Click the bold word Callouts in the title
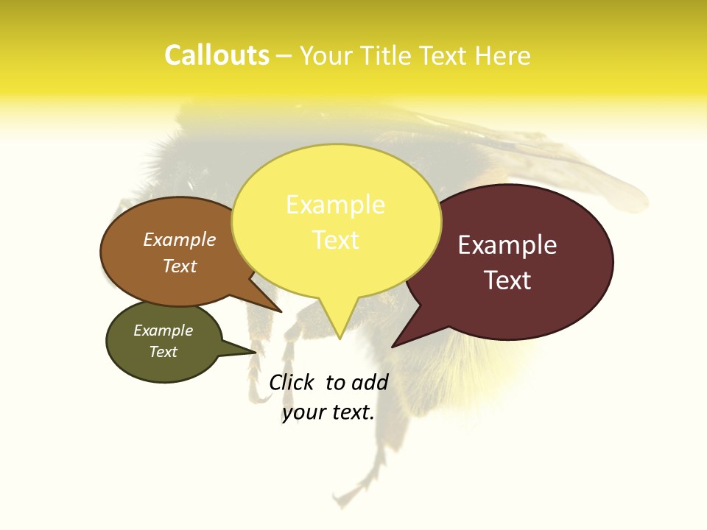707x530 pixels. (x=217, y=56)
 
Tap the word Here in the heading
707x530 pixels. (x=502, y=56)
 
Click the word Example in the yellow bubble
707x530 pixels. (x=335, y=205)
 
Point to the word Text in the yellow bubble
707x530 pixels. (x=335, y=240)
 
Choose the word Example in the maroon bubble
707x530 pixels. (x=507, y=245)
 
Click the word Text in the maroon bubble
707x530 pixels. (x=507, y=280)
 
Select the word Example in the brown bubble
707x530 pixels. (x=180, y=240)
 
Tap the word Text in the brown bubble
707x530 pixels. (x=180, y=266)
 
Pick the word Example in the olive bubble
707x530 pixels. (x=163, y=331)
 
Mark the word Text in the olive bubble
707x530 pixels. (x=163, y=352)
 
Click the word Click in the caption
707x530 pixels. (x=291, y=382)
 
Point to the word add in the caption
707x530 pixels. (x=370, y=382)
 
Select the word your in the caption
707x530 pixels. (x=303, y=412)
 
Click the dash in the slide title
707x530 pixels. (x=285, y=56)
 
